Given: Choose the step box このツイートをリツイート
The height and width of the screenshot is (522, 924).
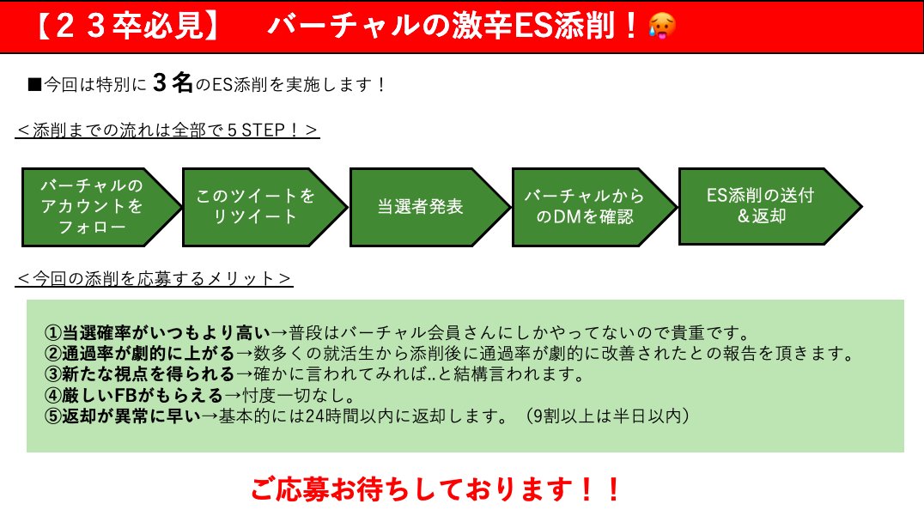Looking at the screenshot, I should click(257, 207).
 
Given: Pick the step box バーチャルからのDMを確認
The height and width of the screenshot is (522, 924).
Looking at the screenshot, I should click(586, 207).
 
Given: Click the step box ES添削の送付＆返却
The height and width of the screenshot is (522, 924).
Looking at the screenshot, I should click(761, 206).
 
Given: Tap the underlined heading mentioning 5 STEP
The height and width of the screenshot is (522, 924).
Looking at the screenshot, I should click(167, 130).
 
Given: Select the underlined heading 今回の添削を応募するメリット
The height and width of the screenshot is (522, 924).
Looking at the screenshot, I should click(155, 278).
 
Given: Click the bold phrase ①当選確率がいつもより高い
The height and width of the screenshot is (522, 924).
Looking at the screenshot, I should click(156, 332).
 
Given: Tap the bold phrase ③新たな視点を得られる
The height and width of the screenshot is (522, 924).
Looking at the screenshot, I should click(138, 374).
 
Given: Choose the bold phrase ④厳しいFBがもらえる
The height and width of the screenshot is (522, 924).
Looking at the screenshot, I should click(133, 396).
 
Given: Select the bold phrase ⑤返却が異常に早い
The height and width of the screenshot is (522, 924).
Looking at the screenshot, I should click(121, 417).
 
